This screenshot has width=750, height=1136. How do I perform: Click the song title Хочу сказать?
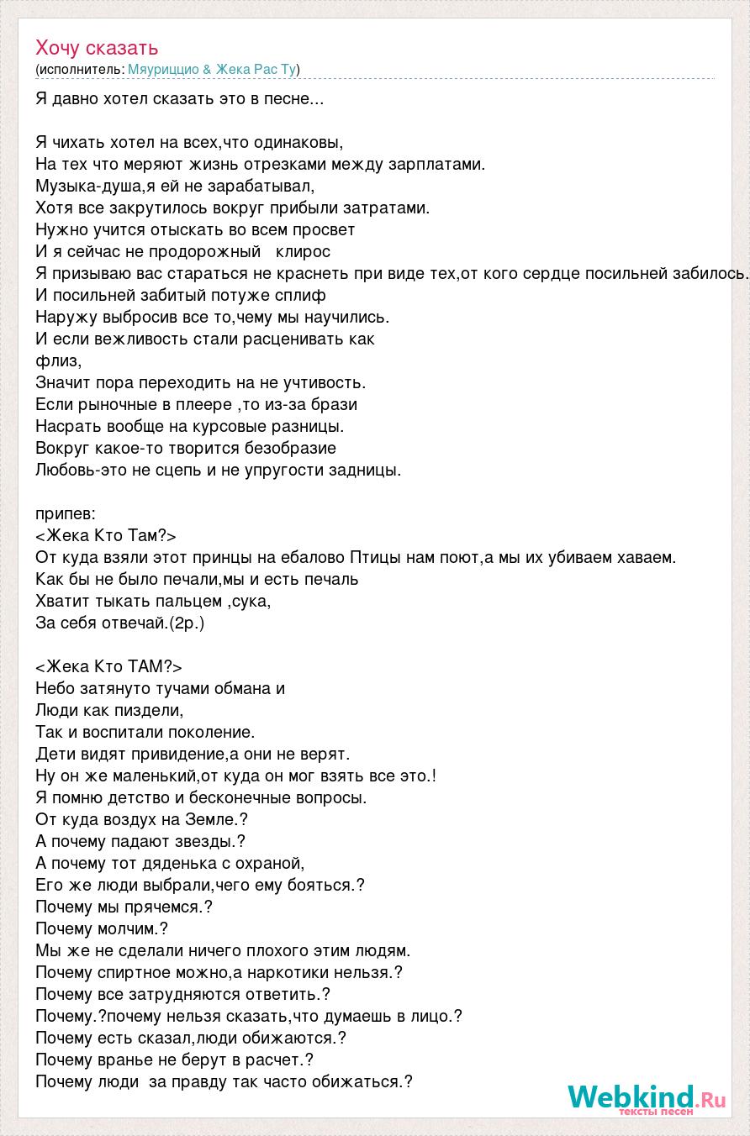(97, 48)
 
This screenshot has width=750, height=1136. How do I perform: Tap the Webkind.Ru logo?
(646, 1096)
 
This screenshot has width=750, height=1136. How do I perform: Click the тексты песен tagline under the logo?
(656, 1112)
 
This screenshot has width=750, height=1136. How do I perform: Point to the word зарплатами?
(436, 164)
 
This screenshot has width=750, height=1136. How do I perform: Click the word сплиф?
(304, 295)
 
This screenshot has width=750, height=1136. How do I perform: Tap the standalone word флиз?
(58, 361)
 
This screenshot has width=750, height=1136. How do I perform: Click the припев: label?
(66, 513)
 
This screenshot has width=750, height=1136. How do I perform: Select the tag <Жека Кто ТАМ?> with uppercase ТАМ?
(108, 666)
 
